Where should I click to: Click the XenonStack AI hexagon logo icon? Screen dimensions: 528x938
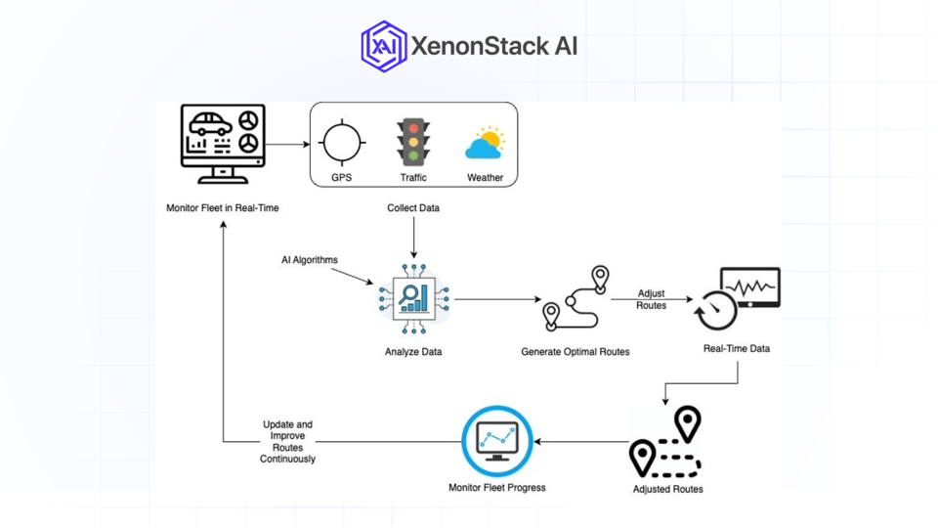point(383,46)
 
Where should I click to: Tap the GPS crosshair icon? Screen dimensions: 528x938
point(342,143)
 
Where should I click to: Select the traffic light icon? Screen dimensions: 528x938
point(413,143)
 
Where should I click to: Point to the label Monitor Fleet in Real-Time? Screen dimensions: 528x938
point(222,208)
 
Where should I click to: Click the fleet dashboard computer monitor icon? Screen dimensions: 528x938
point(223,144)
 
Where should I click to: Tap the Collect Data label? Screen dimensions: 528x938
point(413,208)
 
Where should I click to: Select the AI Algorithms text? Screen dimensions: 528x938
point(310,260)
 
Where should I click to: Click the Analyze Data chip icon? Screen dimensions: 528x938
point(413,299)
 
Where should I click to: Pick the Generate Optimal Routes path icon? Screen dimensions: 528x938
point(576,298)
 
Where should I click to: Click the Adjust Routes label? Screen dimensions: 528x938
point(651,299)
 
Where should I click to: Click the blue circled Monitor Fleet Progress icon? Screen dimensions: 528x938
point(497,442)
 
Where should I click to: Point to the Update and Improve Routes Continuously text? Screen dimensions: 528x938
point(287,442)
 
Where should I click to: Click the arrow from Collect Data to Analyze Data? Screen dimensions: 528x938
point(413,238)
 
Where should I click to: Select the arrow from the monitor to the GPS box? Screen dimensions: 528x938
point(287,145)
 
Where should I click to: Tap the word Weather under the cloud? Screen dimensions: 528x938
point(485,178)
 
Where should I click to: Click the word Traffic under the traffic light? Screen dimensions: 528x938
point(413,178)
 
